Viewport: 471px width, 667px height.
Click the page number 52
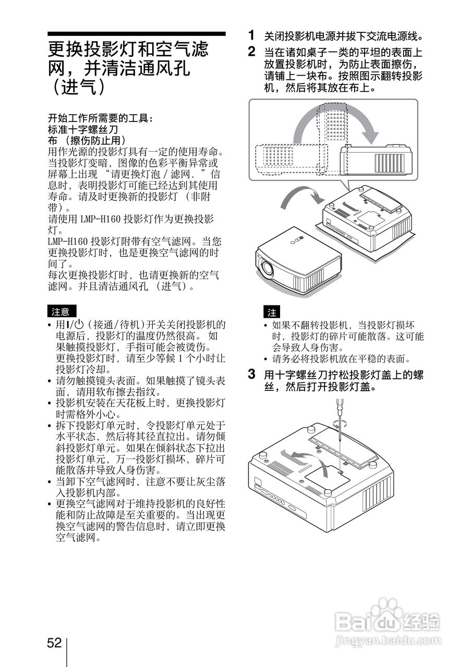54,643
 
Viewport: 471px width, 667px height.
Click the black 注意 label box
61,312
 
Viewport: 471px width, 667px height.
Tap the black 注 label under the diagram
272,313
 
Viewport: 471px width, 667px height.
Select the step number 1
252,35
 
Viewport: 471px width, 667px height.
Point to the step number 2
252,52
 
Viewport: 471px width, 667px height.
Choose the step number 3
252,374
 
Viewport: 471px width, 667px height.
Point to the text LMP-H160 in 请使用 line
101,219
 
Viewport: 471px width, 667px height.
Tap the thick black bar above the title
137,34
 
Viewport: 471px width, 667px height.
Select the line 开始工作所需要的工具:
101,118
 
